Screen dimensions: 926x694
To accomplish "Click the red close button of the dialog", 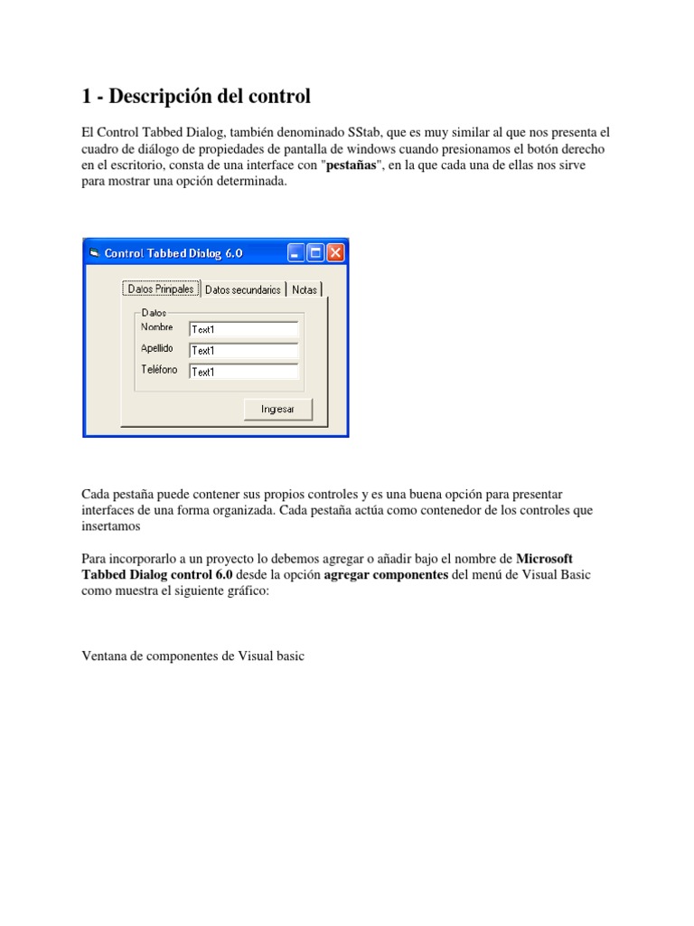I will point(335,253).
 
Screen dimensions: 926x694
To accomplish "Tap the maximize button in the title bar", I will point(315,253).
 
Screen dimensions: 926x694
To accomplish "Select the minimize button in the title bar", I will point(295,253).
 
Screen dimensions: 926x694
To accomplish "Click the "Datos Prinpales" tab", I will point(161,289).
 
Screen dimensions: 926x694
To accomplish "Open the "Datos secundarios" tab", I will point(243,289).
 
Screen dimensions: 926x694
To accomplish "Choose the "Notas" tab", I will point(305,289).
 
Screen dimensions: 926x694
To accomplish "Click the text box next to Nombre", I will point(243,329).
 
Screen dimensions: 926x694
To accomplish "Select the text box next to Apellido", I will point(243,350).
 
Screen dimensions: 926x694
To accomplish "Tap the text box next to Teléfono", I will point(243,371).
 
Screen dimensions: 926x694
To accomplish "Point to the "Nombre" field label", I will point(157,327).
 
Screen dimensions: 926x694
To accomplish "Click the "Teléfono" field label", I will point(159,369).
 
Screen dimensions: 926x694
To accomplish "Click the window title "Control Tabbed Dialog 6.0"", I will point(173,253).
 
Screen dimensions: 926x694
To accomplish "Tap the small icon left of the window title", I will point(93,253).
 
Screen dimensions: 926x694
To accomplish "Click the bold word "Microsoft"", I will point(544,559).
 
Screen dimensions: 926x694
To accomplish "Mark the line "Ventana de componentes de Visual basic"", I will point(193,657).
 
